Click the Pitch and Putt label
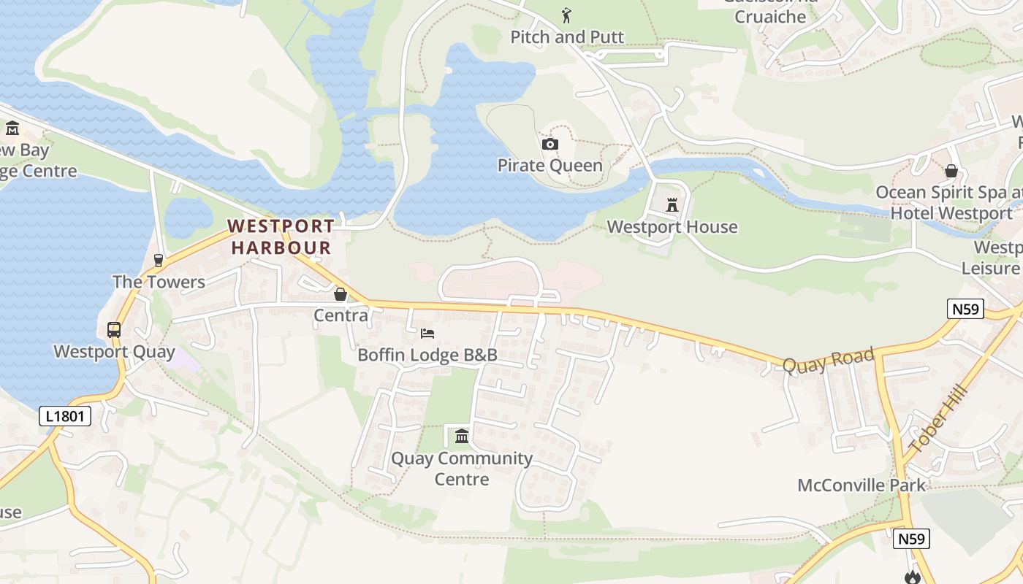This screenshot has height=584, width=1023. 567,36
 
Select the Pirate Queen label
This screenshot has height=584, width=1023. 549,165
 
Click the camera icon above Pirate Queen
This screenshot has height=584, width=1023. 550,144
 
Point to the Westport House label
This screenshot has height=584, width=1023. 672,227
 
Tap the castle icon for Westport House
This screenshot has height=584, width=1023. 672,205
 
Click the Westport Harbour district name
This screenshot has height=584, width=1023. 281,237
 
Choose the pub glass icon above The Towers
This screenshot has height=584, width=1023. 159,261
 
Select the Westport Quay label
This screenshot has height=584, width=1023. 114,352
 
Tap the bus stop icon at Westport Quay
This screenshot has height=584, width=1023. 114,329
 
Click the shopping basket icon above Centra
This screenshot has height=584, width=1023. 340,294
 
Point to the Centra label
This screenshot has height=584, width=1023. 341,315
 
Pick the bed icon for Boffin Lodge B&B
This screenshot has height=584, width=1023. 427,334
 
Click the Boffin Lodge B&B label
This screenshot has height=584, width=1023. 427,356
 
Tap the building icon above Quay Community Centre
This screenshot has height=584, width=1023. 462,437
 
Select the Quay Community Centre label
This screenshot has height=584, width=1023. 462,469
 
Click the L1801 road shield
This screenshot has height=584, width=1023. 65,417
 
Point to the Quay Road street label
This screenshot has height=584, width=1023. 828,360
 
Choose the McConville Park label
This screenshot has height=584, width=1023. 862,485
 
